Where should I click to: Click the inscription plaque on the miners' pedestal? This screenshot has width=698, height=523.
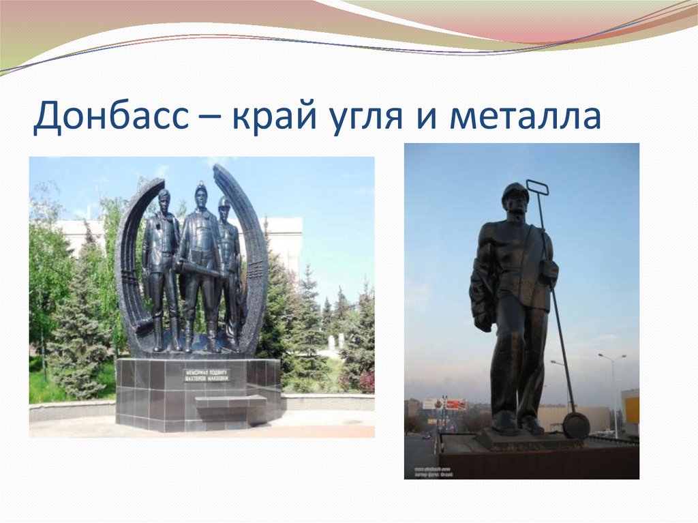coord(207,375)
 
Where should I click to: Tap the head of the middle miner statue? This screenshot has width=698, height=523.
coord(200,196)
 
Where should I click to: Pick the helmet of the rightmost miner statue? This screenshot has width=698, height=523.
coord(224,201)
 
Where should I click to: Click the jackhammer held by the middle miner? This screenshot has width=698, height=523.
coord(201,269)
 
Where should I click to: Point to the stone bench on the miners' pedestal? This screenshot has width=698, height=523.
coord(230,402)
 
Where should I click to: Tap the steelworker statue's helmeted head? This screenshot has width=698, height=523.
coord(515,198)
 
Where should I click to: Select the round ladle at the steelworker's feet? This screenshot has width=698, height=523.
coord(576,425)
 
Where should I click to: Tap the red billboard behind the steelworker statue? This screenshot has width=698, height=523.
coord(455,404)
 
